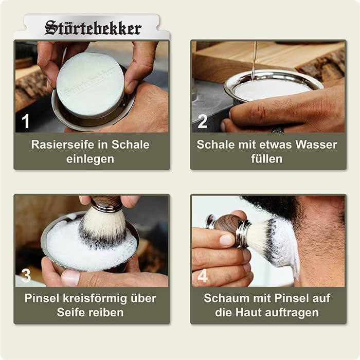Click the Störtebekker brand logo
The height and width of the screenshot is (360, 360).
[93, 28]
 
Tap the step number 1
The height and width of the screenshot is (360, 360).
[26, 121]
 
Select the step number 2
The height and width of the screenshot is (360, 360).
[202, 121]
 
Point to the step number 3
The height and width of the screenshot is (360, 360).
[26, 276]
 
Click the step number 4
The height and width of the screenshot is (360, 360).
[203, 276]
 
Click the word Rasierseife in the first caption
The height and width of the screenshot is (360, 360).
[62, 145]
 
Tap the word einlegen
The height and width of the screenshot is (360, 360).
[90, 159]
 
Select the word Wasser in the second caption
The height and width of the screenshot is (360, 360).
[316, 145]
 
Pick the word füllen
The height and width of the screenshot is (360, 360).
[266, 159]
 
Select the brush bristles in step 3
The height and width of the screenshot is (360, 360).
[103, 226]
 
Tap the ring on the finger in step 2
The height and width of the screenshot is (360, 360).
[278, 130]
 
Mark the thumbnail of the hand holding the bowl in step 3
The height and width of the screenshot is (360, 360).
[70, 277]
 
